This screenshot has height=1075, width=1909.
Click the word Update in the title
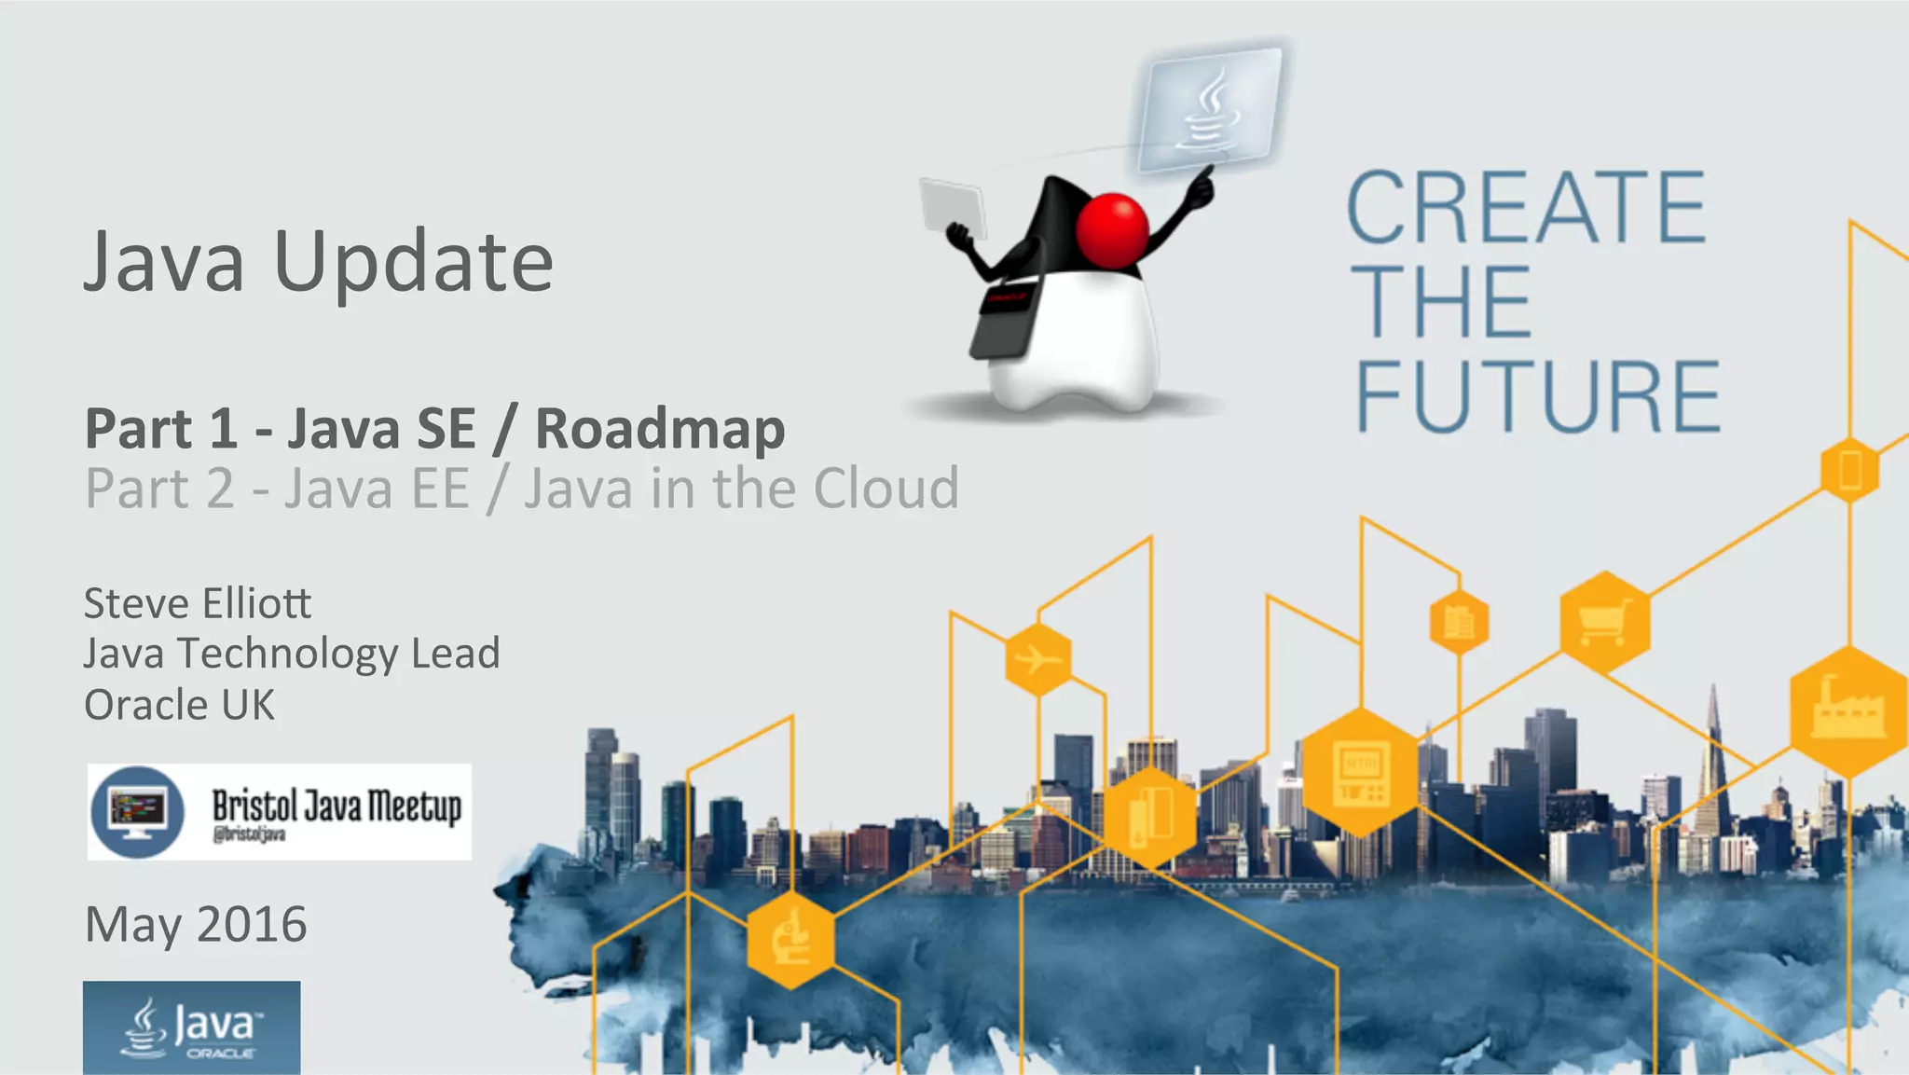[x=413, y=263]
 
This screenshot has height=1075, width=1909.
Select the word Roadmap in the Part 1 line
[x=660, y=430]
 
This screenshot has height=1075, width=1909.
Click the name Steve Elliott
[x=198, y=603]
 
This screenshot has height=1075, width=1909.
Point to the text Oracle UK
[x=179, y=705]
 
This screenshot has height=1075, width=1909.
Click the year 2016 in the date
[x=252, y=924]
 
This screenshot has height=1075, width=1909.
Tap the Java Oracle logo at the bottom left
[x=191, y=1027]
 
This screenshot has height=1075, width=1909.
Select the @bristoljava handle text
[x=249, y=834]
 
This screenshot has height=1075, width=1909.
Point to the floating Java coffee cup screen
[x=1211, y=109]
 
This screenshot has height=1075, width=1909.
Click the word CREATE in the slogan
[x=1526, y=207]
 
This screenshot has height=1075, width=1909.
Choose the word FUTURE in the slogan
[x=1537, y=397]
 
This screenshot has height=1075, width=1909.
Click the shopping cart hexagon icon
[x=1604, y=621]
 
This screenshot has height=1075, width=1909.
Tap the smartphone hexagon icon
[x=1850, y=470]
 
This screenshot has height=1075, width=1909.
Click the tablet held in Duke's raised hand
[x=953, y=207]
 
